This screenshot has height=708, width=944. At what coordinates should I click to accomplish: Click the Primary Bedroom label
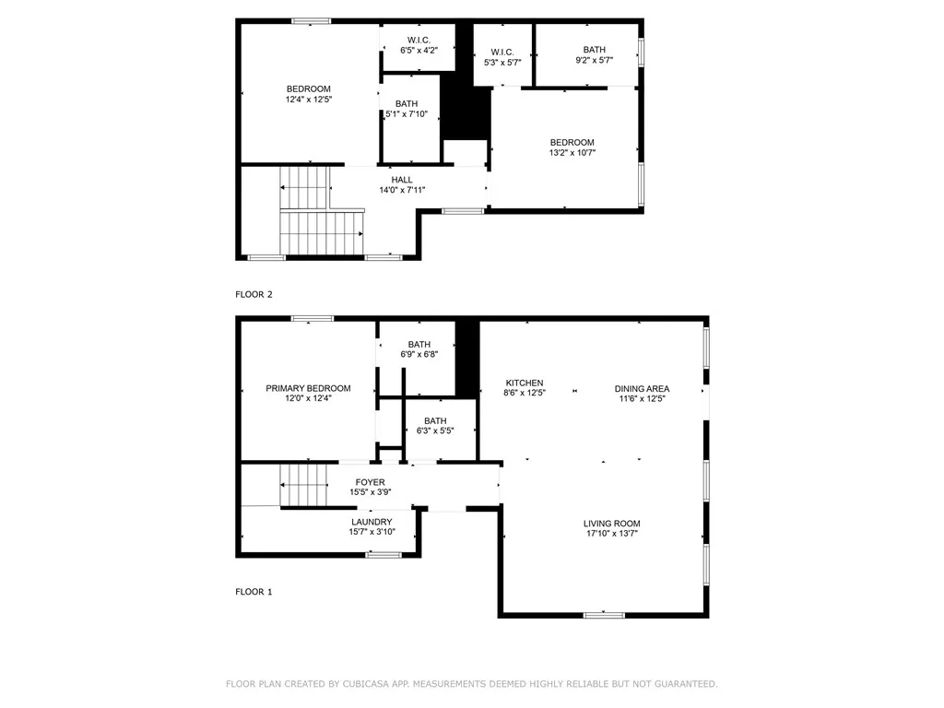pyautogui.click(x=308, y=388)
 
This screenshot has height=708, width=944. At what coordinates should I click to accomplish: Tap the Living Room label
pyautogui.click(x=612, y=524)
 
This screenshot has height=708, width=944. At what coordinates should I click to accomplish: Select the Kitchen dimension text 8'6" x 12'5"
pyautogui.click(x=525, y=393)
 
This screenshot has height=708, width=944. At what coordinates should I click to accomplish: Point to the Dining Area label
pyautogui.click(x=642, y=389)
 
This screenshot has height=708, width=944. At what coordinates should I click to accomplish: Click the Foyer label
pyautogui.click(x=371, y=482)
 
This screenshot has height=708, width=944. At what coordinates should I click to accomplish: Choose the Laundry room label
pyautogui.click(x=372, y=522)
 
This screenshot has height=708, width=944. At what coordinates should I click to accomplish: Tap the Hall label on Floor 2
pyautogui.click(x=402, y=180)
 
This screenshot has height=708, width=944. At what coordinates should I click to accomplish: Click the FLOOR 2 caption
pyautogui.click(x=254, y=294)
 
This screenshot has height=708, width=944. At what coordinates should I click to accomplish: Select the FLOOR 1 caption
pyautogui.click(x=254, y=592)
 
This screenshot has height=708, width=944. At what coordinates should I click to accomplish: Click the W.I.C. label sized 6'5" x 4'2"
pyautogui.click(x=419, y=41)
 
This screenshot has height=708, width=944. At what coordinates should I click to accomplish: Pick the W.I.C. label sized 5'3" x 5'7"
pyautogui.click(x=502, y=53)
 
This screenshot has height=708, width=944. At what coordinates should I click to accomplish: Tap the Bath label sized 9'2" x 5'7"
pyautogui.click(x=595, y=50)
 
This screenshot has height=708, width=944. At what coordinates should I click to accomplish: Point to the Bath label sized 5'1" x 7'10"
pyautogui.click(x=407, y=103)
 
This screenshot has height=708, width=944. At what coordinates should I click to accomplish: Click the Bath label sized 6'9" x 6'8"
pyautogui.click(x=419, y=345)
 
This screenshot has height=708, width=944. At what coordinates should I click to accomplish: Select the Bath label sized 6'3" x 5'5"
pyautogui.click(x=435, y=420)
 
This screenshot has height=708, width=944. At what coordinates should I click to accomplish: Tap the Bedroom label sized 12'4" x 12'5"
pyautogui.click(x=308, y=88)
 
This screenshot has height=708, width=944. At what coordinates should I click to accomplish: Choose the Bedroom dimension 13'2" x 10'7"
pyautogui.click(x=572, y=153)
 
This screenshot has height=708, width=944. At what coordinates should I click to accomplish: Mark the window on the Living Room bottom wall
pyautogui.click(x=605, y=615)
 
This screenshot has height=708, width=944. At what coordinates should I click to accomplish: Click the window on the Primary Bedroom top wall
pyautogui.click(x=313, y=318)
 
